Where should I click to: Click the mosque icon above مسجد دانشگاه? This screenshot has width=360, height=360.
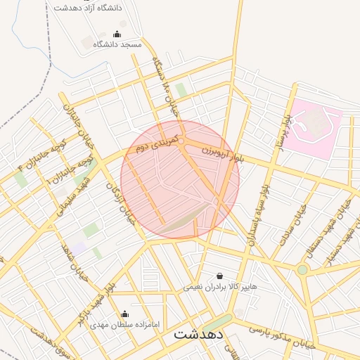pyautogui.click(x=117, y=34)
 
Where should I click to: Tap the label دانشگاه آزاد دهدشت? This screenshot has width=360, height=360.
pyautogui.click(x=88, y=7)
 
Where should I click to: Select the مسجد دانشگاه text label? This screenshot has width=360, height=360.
pyautogui.click(x=117, y=44)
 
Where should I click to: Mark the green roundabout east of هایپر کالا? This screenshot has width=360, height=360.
pyautogui.click(x=302, y=269)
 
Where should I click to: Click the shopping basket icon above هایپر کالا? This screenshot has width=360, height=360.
pyautogui.click(x=220, y=276)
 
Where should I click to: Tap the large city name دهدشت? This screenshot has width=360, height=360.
pyautogui.click(x=198, y=334)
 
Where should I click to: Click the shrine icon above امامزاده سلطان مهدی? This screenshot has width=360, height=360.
pyautogui.click(x=125, y=314)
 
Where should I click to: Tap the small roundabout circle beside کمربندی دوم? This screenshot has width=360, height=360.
pyautogui.click(x=181, y=142)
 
